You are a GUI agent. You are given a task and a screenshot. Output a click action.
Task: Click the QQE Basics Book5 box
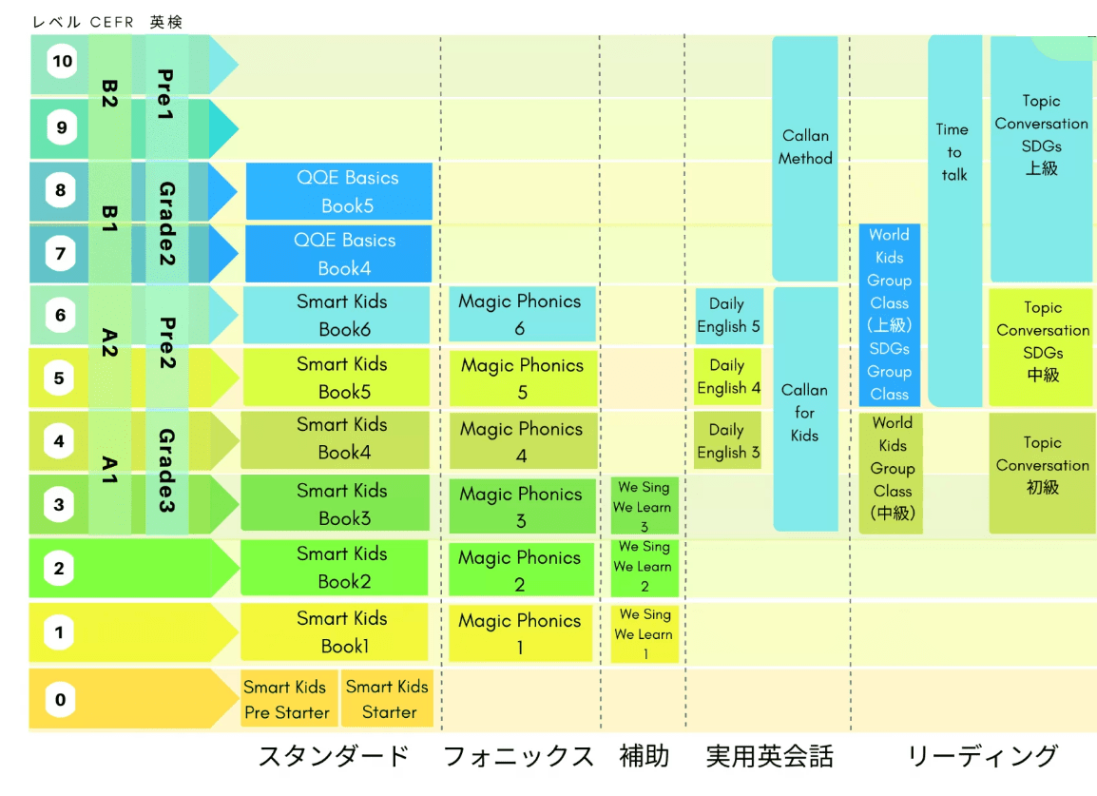tap(338, 191)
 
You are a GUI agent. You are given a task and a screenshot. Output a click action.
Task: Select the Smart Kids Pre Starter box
tap(286, 699)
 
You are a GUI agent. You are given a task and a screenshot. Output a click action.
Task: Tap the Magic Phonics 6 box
tap(522, 314)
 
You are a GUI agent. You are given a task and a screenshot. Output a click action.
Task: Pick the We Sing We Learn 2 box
tap(645, 566)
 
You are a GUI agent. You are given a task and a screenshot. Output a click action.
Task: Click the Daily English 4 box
tap(728, 377)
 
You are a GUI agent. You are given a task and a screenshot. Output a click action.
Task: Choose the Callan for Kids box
tap(805, 412)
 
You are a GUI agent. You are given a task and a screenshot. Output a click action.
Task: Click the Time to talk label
tap(953, 152)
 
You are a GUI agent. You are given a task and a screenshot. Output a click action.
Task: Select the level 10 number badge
tap(62, 63)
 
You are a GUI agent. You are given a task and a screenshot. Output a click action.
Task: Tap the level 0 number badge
tap(60, 701)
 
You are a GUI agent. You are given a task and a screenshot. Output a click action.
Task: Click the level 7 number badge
tap(61, 254)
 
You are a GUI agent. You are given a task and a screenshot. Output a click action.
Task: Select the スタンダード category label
tap(334, 757)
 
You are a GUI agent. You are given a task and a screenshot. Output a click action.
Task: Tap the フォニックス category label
tap(518, 757)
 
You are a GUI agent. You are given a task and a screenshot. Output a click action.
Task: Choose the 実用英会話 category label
tap(769, 757)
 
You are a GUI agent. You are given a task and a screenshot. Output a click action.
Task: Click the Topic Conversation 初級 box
tap(1042, 466)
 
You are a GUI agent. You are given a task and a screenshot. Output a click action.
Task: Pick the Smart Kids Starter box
tap(388, 699)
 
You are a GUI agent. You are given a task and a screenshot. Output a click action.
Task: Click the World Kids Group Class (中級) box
tap(892, 469)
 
